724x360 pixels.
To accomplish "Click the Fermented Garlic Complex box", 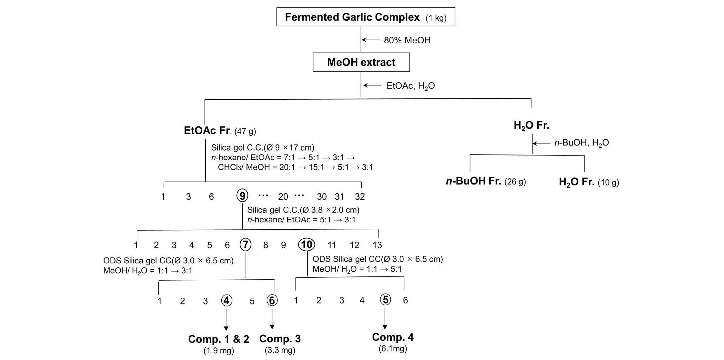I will (366, 17).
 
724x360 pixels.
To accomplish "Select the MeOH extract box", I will (361, 62).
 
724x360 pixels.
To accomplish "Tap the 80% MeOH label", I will (407, 40).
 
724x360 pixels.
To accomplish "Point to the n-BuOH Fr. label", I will (473, 181).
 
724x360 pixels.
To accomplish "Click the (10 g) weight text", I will (608, 183).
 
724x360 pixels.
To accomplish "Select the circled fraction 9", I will (242, 196).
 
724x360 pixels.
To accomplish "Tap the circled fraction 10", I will (306, 245).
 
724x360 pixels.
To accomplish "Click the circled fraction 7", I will (246, 245).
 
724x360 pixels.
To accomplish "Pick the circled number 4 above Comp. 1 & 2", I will (226, 301).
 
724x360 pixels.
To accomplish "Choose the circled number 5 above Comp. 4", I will (385, 300).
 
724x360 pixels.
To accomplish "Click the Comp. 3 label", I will (280, 339).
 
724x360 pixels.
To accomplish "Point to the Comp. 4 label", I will (393, 337).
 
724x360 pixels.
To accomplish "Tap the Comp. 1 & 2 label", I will (218, 339).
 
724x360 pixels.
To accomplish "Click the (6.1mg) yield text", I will (393, 348).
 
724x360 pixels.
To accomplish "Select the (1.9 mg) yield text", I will (218, 350).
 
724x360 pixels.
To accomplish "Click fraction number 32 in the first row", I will (360, 196).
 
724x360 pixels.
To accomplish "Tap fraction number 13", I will (377, 245).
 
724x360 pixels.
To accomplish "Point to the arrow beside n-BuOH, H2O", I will (541, 143).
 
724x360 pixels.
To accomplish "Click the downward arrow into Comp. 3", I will (272, 318).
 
